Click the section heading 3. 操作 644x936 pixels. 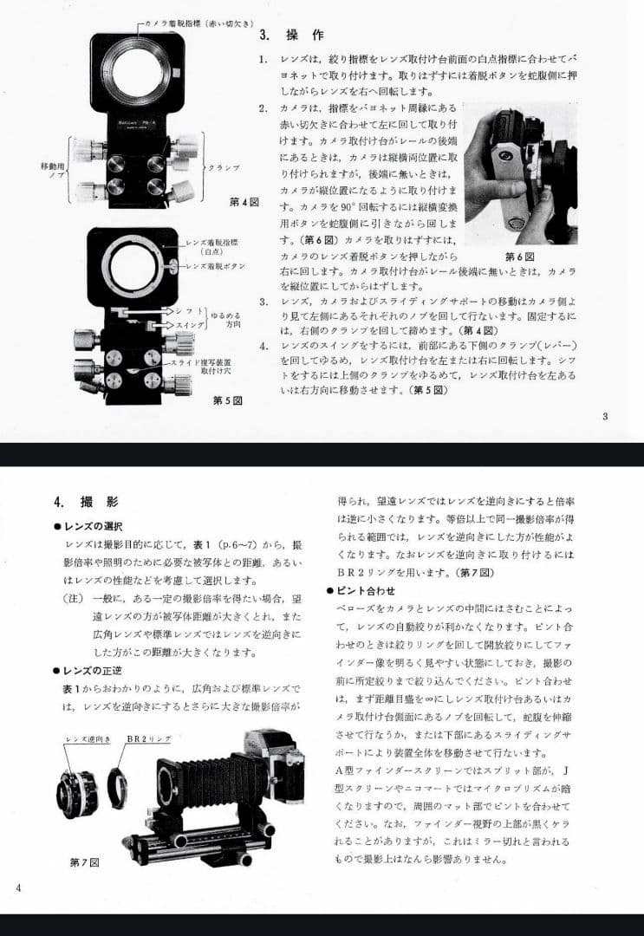291,36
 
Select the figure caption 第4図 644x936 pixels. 245,202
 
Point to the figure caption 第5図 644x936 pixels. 227,400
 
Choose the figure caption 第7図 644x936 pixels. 85,862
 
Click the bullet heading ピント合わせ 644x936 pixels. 370,590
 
